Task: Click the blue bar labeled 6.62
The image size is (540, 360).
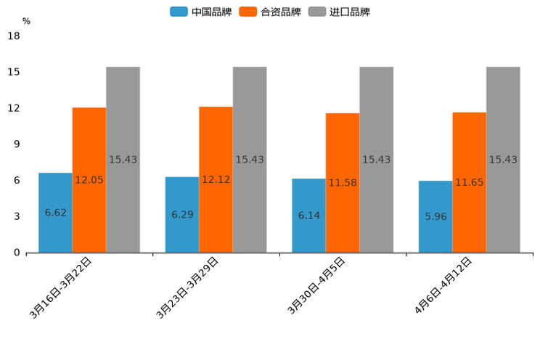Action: pyautogui.click(x=55, y=213)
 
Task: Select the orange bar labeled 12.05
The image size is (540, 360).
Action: pyautogui.click(x=89, y=180)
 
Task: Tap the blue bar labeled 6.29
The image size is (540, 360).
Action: pyautogui.click(x=182, y=215)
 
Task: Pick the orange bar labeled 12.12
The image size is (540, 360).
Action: pyautogui.click(x=216, y=179)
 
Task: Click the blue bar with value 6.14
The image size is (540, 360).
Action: pyautogui.click(x=308, y=216)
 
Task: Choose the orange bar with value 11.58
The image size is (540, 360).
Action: pyautogui.click(x=343, y=183)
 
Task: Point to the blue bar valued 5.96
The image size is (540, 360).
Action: pyautogui.click(x=435, y=216)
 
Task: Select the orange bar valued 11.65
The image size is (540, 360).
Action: pyautogui.click(x=469, y=182)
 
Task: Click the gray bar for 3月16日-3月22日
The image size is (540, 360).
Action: pyautogui.click(x=123, y=160)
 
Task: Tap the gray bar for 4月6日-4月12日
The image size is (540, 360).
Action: pyautogui.click(x=503, y=160)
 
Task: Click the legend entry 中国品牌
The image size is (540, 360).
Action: pyautogui.click(x=200, y=12)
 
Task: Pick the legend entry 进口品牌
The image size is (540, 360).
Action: pyautogui.click(x=339, y=12)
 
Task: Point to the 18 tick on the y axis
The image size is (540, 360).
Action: pyautogui.click(x=13, y=36)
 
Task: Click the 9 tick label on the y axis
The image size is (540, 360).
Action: pyautogui.click(x=16, y=144)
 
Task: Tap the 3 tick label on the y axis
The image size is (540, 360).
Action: pyautogui.click(x=16, y=216)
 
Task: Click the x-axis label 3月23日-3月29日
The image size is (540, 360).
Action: pyautogui.click(x=187, y=287)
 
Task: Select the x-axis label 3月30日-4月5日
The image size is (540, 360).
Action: pyautogui.click(x=316, y=285)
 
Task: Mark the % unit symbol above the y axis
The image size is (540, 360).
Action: pyautogui.click(x=26, y=21)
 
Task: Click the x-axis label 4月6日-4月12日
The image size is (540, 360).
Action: pyautogui.click(x=443, y=285)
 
